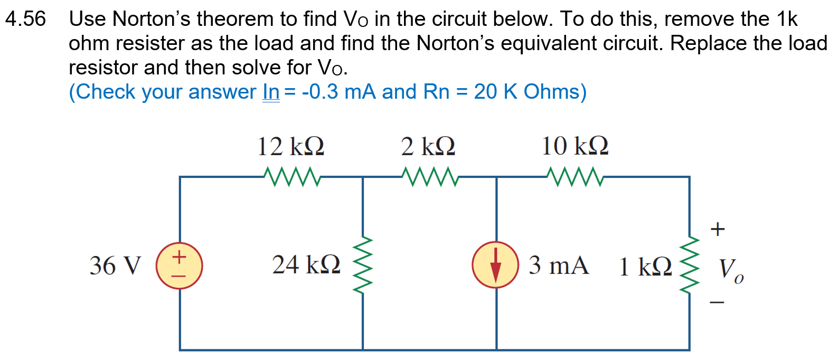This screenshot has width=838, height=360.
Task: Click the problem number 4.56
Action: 25,20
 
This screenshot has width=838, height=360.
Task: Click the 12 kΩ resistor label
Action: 290,146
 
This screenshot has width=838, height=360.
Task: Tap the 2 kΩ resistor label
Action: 428,146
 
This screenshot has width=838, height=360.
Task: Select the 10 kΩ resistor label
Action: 575,146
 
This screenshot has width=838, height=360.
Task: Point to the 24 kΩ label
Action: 306,264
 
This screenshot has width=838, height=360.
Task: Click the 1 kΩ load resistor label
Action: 645,267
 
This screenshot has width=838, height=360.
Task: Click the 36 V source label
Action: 116,266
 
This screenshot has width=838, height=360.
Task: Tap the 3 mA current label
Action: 559,265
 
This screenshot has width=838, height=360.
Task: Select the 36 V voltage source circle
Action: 179,266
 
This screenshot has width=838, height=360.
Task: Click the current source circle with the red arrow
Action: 495,264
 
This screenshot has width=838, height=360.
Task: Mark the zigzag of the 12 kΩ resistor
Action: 292,177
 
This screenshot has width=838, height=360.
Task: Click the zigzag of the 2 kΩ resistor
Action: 429,177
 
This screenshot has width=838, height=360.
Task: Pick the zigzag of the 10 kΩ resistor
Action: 575,177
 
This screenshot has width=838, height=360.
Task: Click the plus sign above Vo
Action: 717,229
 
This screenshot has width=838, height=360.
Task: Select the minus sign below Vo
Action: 717,302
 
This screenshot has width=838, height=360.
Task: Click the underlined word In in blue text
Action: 271,92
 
